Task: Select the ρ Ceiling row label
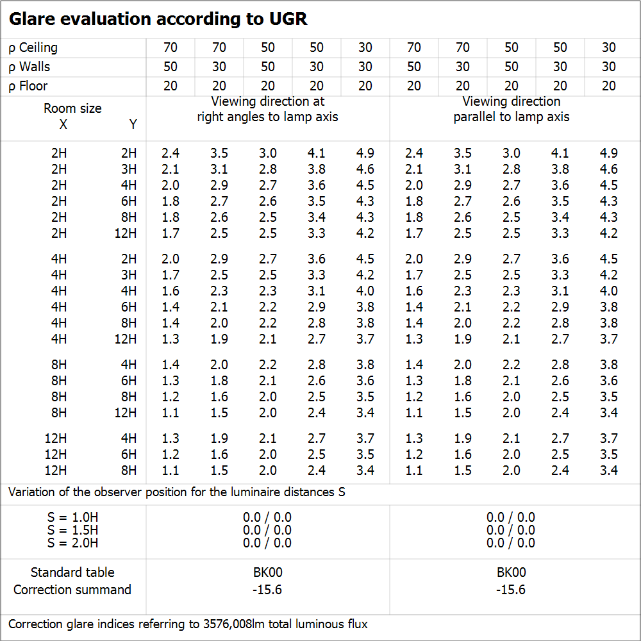[x=33, y=47]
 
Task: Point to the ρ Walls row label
[x=29, y=67]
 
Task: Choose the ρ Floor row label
[x=28, y=86]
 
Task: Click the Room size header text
[x=72, y=108]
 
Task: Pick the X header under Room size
[x=63, y=124]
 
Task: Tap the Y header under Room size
[x=133, y=124]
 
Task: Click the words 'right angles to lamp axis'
[x=268, y=117]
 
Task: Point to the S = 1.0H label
[x=72, y=517]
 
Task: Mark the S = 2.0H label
[x=72, y=543]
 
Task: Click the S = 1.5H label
[x=72, y=530]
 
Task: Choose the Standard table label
[x=72, y=572]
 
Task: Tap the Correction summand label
[x=72, y=590]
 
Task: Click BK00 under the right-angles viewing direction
[x=268, y=572]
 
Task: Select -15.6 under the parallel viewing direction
[x=511, y=590]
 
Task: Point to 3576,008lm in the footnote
[x=236, y=624]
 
